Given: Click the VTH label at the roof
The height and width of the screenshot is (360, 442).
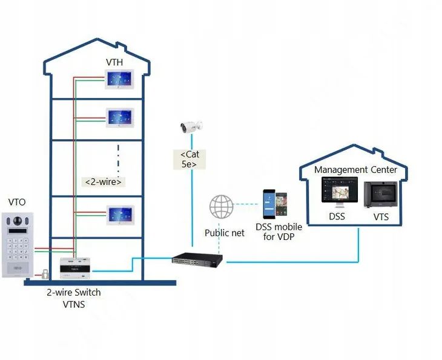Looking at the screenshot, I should pos(116,62).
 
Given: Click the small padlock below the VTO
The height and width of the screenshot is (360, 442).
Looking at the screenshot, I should pos(45,275).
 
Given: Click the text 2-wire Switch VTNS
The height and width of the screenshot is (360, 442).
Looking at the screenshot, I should pos(74,298).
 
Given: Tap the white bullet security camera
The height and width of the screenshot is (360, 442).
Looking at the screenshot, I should pos(191,127).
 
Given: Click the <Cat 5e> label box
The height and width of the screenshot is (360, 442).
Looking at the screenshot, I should pos(193,159).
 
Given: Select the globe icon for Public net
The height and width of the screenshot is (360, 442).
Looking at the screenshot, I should pos(222,207).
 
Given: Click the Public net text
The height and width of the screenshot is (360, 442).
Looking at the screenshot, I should pos(225,233).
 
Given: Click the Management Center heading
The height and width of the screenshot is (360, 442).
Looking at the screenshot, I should pos(355,170).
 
